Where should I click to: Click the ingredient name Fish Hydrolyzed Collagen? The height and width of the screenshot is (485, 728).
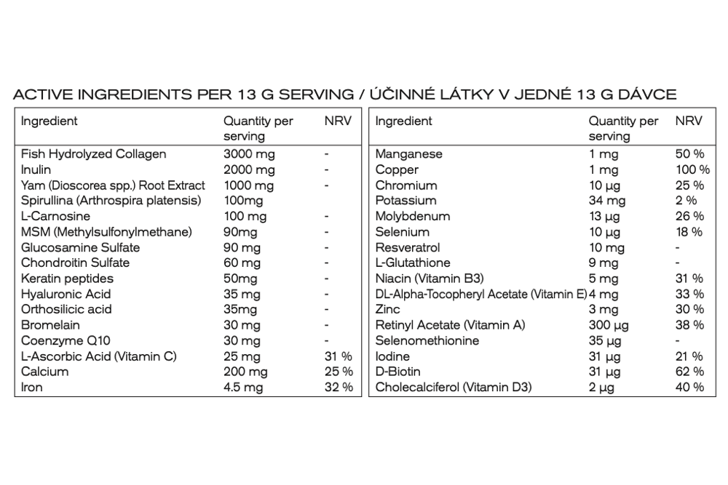[x=93, y=154]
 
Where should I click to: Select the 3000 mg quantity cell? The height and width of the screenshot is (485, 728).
[x=249, y=154]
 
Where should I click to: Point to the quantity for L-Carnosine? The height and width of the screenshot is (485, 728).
[x=245, y=216]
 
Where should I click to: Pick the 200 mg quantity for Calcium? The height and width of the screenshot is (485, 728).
[x=245, y=372]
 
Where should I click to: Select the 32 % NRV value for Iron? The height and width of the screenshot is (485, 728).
[x=338, y=387]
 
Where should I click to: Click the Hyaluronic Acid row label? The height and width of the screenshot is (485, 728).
[x=65, y=294]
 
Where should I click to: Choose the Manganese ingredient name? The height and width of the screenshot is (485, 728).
[x=408, y=154]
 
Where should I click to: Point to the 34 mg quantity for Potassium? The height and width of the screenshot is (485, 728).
[x=607, y=201]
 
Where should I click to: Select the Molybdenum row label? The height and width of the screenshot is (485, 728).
[x=412, y=216]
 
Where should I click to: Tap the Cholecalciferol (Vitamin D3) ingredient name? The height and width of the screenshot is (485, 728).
[x=453, y=387]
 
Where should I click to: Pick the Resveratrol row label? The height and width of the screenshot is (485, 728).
[x=408, y=247]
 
